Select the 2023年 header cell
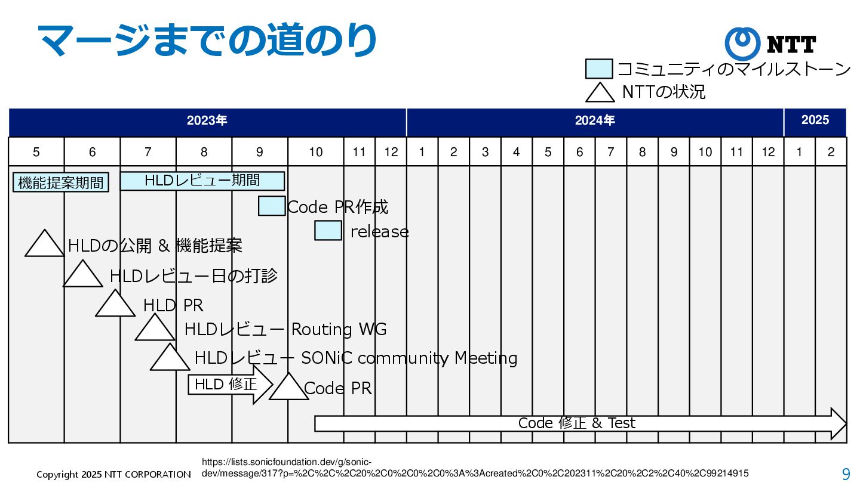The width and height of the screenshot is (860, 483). (207, 121)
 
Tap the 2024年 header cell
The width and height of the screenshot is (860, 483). (595, 121)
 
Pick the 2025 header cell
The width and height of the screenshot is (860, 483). (815, 121)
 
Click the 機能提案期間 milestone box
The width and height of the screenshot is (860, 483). (61, 182)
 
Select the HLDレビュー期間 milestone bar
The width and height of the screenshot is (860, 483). (202, 181)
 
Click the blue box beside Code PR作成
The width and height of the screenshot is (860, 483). (272, 206)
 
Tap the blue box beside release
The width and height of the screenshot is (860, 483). (328, 231)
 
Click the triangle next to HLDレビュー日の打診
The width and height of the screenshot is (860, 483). (83, 275)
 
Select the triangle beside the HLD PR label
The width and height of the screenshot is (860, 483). (115, 305)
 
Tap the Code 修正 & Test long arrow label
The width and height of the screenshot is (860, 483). (577, 423)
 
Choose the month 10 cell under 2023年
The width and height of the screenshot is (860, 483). (315, 152)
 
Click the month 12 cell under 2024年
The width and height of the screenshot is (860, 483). (768, 152)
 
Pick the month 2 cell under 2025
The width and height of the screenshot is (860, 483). (831, 152)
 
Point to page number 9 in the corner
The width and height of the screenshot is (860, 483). (846, 474)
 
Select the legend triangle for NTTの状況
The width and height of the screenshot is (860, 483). (599, 93)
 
